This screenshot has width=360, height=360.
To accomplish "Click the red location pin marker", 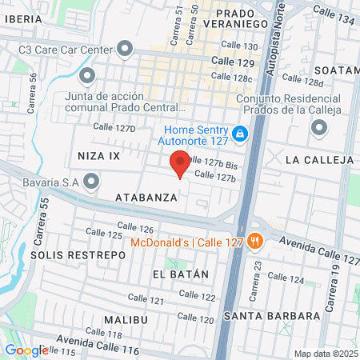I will pyautogui.click(x=180, y=166).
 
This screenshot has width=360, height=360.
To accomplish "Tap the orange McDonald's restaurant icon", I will pyautogui.click(x=255, y=239).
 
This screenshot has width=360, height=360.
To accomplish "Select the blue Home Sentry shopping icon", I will pyautogui.click(x=240, y=134).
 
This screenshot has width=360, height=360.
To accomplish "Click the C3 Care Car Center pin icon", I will pyautogui.click(x=125, y=49).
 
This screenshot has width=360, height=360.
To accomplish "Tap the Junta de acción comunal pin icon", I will pyautogui.click(x=87, y=77).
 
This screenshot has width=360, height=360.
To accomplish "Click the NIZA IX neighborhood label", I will pyautogui.click(x=98, y=154).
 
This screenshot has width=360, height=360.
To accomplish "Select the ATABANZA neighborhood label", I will pyautogui.click(x=145, y=197).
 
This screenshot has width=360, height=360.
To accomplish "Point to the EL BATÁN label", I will pyautogui.click(x=180, y=274).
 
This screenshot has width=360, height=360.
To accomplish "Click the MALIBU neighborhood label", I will pyautogui.click(x=126, y=319).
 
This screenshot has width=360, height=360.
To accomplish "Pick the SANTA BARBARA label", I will pyautogui.click(x=273, y=315).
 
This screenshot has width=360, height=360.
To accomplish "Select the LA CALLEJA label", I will pyautogui.click(x=319, y=160).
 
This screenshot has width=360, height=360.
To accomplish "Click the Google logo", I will pyautogui.click(x=26, y=350).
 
